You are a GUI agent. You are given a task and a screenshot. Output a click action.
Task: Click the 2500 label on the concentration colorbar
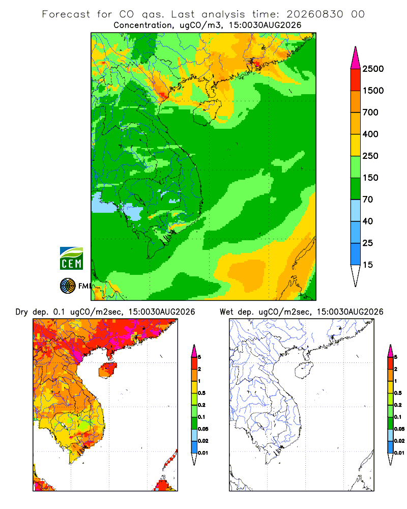[x=373, y=69]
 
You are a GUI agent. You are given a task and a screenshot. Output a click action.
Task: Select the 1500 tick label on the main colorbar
[x=373, y=91]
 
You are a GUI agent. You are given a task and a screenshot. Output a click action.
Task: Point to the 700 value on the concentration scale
[x=370, y=112]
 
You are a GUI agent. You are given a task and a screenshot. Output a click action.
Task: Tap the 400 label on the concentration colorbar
[x=370, y=134]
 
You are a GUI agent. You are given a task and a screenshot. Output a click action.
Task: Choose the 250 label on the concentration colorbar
[x=370, y=156]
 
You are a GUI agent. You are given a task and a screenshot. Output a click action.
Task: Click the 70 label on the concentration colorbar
[x=368, y=200]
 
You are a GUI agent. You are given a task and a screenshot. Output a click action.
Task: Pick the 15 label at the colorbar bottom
[x=368, y=265]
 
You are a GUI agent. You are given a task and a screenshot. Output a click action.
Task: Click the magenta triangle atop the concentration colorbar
[x=356, y=59]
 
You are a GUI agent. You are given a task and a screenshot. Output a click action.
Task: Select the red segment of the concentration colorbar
[x=356, y=80]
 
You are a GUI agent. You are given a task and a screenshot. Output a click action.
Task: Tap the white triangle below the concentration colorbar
[x=356, y=274]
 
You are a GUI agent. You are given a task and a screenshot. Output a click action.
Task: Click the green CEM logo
[x=71, y=259]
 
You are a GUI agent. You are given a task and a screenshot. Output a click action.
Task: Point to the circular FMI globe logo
[x=68, y=286]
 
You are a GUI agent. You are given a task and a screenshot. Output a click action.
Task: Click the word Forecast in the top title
[x=66, y=14]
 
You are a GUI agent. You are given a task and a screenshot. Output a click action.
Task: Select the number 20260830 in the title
[x=314, y=14]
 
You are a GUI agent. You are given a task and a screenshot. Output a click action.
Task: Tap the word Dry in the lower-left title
[x=21, y=312]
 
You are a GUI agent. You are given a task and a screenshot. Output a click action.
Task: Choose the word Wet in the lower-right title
[x=226, y=312]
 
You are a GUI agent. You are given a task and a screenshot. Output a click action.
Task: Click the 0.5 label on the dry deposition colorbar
[x=201, y=393]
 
